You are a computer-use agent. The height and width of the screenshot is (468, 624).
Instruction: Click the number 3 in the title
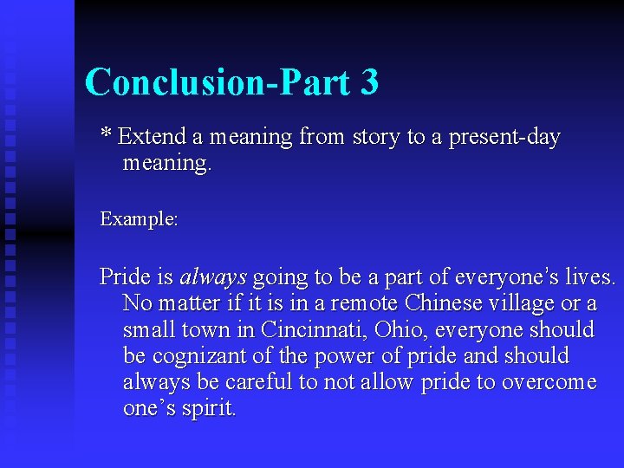(x=367, y=82)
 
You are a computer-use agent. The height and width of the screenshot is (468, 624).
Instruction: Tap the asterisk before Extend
(x=106, y=134)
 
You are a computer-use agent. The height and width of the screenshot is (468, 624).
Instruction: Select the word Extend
(x=153, y=137)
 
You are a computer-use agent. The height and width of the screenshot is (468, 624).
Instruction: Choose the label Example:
(x=139, y=219)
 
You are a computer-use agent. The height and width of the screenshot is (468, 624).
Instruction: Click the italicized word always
(x=213, y=277)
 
